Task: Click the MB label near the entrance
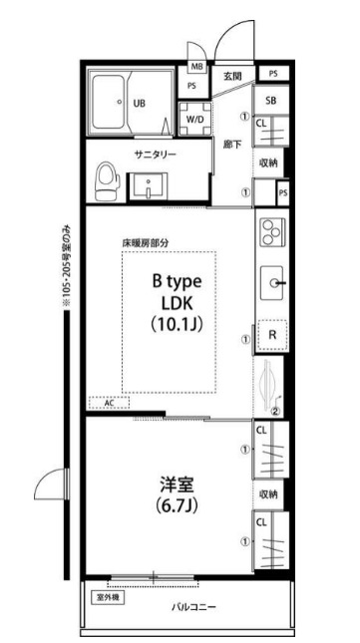tap(197, 68)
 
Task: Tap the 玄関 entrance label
tap(232, 76)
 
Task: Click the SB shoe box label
tap(271, 101)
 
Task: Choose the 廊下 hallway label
tap(231, 143)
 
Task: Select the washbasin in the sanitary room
tap(154, 186)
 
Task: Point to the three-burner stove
tap(270, 234)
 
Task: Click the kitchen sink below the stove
tap(272, 284)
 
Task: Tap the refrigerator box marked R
tap(271, 336)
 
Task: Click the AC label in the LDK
tap(110, 403)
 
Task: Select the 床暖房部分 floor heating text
tap(145, 242)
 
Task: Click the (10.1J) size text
tap(178, 325)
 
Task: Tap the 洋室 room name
tap(177, 484)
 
